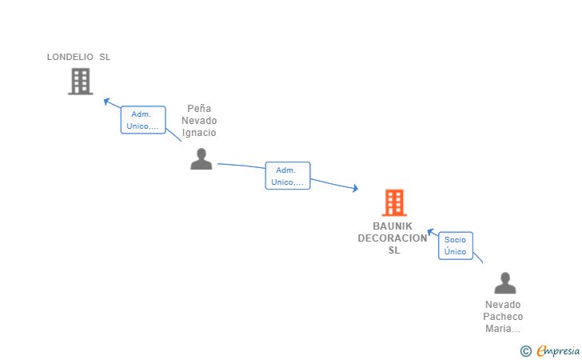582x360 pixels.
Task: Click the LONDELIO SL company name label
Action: pyautogui.click(x=78, y=57)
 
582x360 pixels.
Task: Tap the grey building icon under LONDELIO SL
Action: pyautogui.click(x=81, y=82)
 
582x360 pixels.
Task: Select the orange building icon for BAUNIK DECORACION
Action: pyautogui.click(x=394, y=203)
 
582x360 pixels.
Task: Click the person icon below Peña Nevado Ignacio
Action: pyautogui.click(x=201, y=159)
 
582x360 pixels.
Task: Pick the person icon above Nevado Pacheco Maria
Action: pyautogui.click(x=504, y=283)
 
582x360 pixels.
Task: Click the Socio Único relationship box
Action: pyautogui.click(x=456, y=246)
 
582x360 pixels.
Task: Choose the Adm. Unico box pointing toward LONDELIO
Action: pyautogui.click(x=143, y=120)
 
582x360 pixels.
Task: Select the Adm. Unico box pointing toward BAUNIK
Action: pyautogui.click(x=288, y=176)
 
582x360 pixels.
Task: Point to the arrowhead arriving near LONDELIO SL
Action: pyautogui.click(x=107, y=101)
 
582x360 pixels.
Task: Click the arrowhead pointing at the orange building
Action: pyautogui.click(x=355, y=188)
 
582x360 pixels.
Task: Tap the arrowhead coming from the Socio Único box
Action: pyautogui.click(x=431, y=232)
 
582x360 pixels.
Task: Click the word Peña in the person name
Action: pyautogui.click(x=199, y=109)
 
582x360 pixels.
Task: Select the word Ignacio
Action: pyautogui.click(x=199, y=133)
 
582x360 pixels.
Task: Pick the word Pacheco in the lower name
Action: pyautogui.click(x=503, y=317)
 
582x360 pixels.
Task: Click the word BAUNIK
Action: pyautogui.click(x=393, y=226)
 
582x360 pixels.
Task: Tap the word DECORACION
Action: pyautogui.click(x=393, y=238)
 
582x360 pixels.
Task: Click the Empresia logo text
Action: pyautogui.click(x=558, y=350)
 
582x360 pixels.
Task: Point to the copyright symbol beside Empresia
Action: pyautogui.click(x=526, y=351)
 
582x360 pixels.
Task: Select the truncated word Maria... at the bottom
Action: pyautogui.click(x=503, y=329)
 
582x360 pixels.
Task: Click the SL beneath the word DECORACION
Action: pyautogui.click(x=394, y=250)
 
